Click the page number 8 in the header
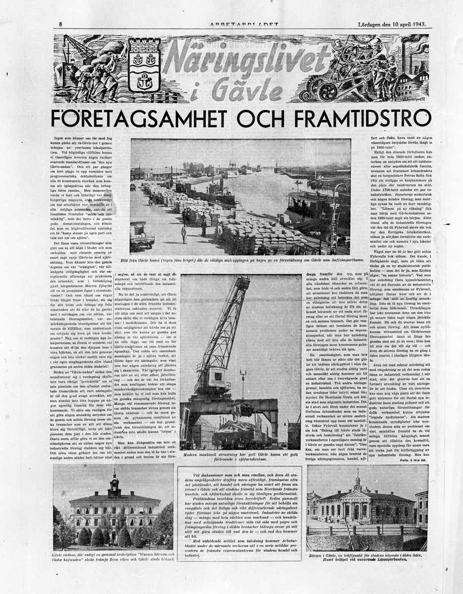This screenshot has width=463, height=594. coord(60,24)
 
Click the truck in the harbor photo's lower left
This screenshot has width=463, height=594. coord(143,237)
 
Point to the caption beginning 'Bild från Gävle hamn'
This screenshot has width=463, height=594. coord(240,259)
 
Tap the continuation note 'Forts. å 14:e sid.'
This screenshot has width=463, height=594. coord(411,460)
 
